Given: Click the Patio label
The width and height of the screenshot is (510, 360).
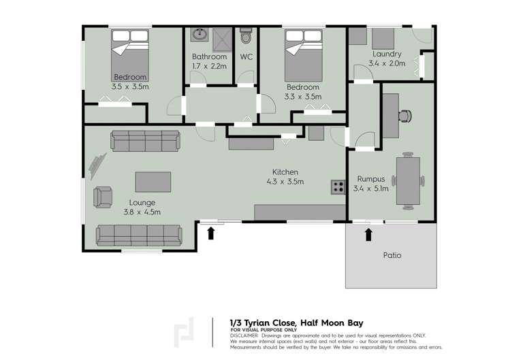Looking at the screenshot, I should click(x=392, y=256).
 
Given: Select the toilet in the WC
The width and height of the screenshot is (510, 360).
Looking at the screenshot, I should click(x=246, y=38).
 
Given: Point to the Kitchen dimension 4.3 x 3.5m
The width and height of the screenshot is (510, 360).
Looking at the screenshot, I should click(x=285, y=182).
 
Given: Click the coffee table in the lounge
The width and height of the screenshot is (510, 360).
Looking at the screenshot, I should click(x=153, y=182).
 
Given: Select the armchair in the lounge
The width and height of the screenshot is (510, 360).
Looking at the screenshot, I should click(x=103, y=197).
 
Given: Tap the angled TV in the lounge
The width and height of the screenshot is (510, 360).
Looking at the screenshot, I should click(x=97, y=165).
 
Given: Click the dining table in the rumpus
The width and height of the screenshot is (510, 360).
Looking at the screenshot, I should click(x=408, y=181).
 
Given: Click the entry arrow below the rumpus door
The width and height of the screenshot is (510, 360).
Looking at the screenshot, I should click(x=369, y=235).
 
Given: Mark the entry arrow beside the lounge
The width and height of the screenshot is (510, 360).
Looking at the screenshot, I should click(x=211, y=233).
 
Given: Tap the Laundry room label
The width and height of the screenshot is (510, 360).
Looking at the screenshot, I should click(x=387, y=54).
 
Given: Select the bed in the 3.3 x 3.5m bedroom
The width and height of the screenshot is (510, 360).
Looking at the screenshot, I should click(x=303, y=57).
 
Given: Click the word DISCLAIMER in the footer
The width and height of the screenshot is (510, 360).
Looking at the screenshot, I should click(x=244, y=336).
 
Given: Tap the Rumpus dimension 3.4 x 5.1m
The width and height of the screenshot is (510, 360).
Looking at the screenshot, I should click(x=371, y=189).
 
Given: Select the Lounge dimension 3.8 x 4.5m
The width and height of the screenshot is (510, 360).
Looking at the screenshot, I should click(x=142, y=212).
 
